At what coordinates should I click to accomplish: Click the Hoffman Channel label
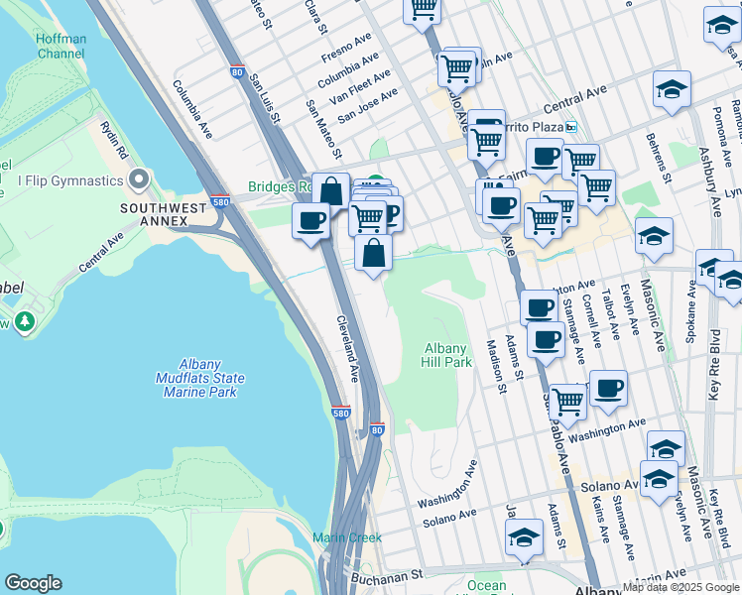tap(62, 47)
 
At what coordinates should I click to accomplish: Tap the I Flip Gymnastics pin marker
tap(139, 180)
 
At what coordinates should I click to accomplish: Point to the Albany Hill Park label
tap(447, 355)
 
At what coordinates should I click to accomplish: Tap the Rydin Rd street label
tap(113, 140)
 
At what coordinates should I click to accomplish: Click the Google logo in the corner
tap(33, 583)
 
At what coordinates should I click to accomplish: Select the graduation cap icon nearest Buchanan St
tap(524, 537)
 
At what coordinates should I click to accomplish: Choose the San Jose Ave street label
tap(367, 104)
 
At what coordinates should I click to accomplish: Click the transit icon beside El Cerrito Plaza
tap(570, 127)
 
